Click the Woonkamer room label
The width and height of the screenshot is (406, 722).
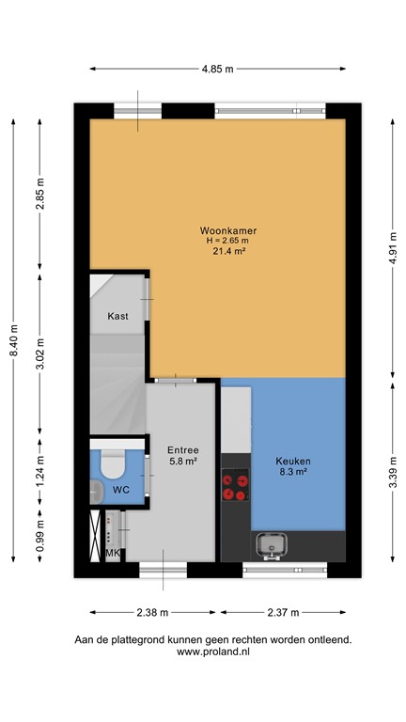(x=228, y=230)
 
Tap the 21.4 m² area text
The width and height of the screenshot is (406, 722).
(x=228, y=252)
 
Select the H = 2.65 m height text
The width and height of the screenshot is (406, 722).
(x=228, y=242)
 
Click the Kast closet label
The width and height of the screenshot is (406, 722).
(x=117, y=316)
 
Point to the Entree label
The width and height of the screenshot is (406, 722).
(x=182, y=449)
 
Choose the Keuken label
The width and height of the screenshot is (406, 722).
(x=293, y=461)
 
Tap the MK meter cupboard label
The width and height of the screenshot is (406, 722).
(x=113, y=554)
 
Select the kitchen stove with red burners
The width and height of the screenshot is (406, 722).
(x=236, y=486)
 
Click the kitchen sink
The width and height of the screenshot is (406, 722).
(x=273, y=543)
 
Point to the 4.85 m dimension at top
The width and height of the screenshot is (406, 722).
(x=218, y=69)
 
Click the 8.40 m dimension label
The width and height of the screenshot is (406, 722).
(x=13, y=341)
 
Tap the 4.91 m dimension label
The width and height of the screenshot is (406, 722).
(x=392, y=248)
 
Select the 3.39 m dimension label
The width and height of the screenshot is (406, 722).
(x=392, y=479)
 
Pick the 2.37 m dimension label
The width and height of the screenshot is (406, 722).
(x=282, y=613)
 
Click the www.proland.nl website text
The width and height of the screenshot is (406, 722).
(x=213, y=651)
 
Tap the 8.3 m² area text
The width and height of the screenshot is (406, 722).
(x=293, y=474)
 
